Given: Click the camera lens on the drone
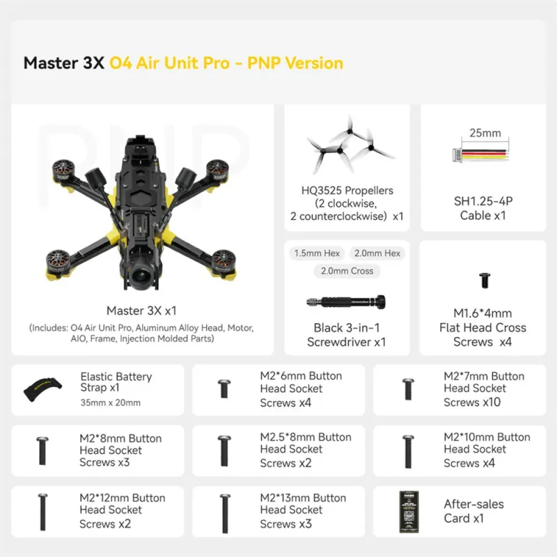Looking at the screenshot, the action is pos(142,275).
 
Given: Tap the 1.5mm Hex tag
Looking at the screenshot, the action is pos(317,253).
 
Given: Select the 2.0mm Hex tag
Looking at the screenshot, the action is pos(377,253).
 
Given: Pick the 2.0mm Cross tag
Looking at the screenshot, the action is pos(347,271).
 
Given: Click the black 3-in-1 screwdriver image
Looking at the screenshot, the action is pos(346,302).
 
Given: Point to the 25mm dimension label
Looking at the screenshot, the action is pos(485,133).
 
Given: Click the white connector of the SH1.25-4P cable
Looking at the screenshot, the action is pos(457,155).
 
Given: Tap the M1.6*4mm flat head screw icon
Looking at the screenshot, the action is pos(485,280).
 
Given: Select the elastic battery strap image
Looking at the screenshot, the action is pos(42,389).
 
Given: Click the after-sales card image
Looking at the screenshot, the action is pos(409,512).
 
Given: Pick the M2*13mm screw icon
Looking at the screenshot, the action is pos(225,513).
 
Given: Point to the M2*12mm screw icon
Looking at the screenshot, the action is pos(42,512).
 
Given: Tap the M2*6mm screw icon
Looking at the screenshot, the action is pos(224,389).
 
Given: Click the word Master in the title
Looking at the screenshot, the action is pos(51,63).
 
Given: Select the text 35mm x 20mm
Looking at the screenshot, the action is pos(111,402).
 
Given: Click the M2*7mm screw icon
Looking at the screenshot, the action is pos(408,389).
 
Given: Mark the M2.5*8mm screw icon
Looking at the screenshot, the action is pos(224,450).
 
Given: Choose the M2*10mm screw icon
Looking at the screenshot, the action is pos(408,451).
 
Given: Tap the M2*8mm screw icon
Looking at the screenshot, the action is pos(42,450).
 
